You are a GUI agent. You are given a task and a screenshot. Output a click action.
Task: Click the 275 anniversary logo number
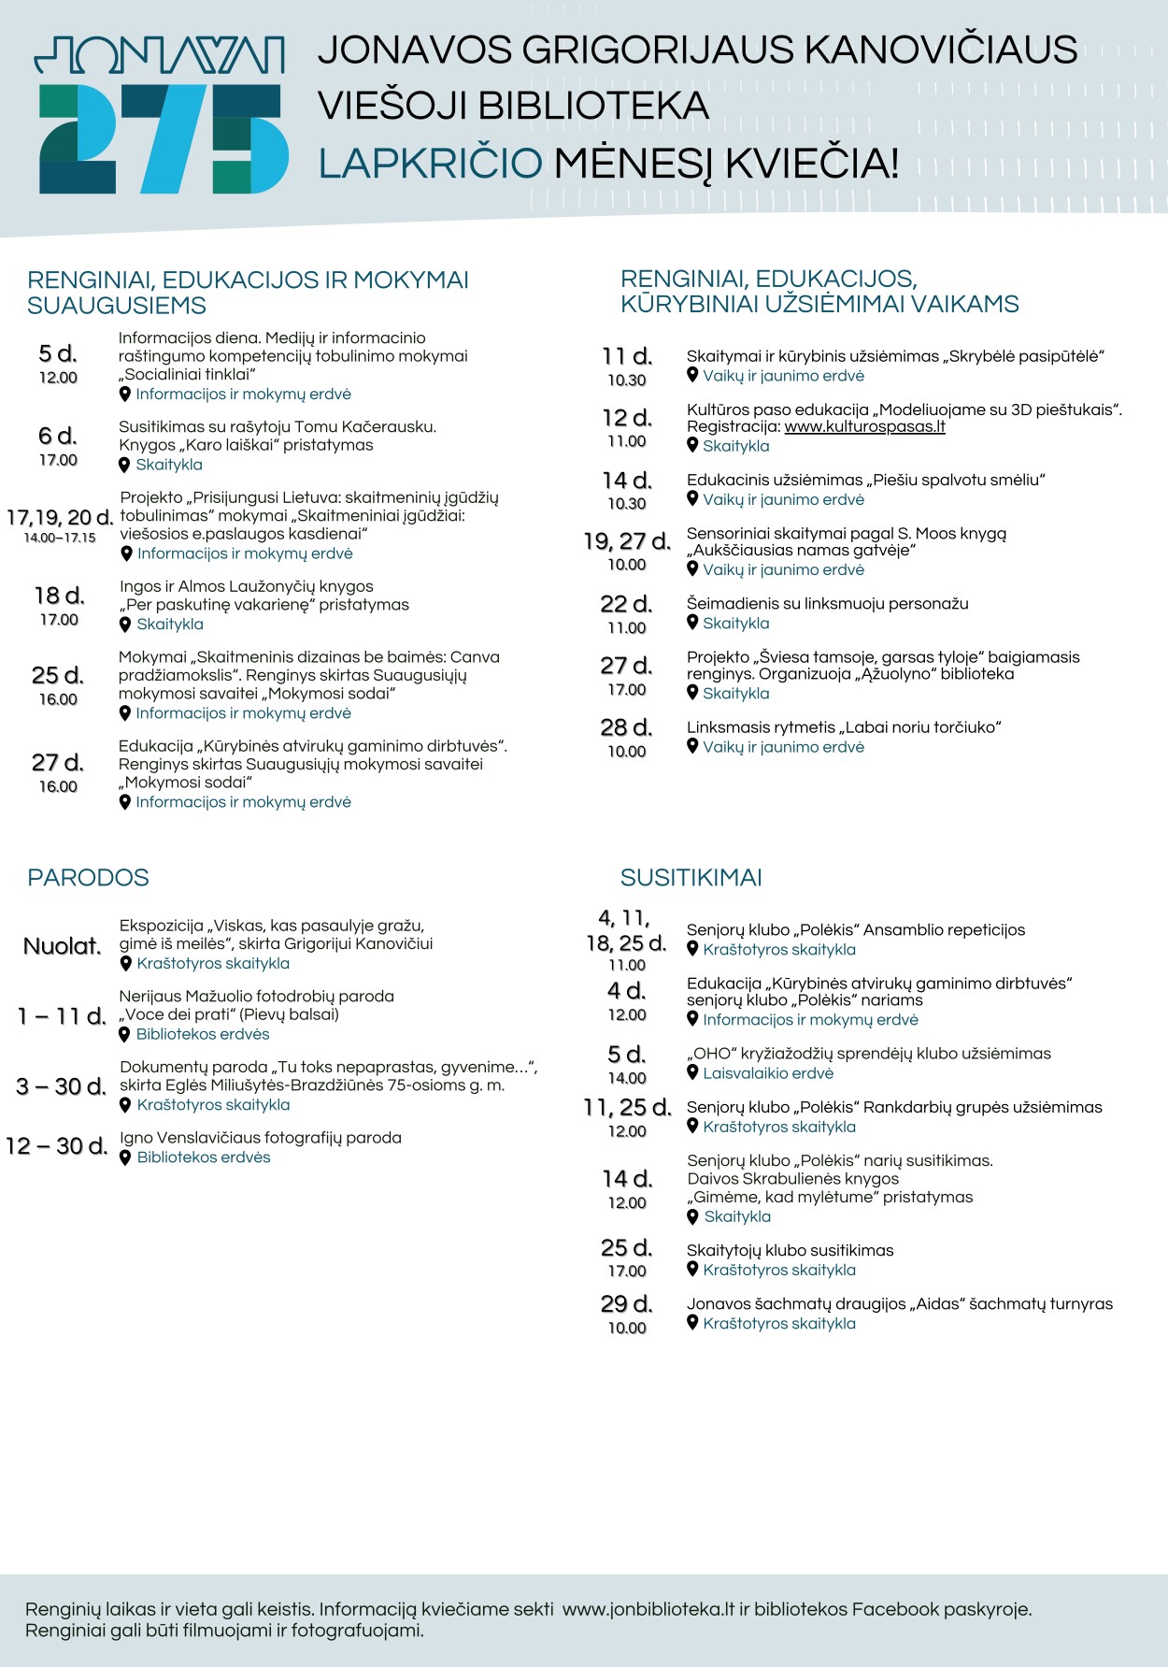tap(164, 138)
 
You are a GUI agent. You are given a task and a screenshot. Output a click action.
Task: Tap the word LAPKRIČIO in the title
tap(430, 164)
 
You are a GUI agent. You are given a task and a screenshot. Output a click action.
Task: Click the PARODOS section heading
tap(88, 878)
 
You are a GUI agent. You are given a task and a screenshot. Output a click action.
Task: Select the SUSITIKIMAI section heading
tap(691, 878)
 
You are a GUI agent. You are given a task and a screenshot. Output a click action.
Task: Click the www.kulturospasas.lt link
tap(864, 427)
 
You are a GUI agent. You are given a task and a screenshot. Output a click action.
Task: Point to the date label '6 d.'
tap(58, 436)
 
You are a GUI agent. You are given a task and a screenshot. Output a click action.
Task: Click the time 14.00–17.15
tap(60, 538)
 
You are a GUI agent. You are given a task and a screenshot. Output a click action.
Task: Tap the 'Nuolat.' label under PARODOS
tap(62, 946)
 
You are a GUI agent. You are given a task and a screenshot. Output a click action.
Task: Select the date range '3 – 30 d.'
tap(61, 1086)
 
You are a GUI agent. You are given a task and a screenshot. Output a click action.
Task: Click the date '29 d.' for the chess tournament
tap(627, 1303)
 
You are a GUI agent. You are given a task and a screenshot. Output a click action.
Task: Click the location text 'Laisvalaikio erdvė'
tap(768, 1073)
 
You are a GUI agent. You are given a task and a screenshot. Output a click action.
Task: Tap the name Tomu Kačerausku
tap(365, 427)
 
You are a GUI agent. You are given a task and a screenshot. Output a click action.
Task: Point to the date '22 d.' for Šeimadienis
tap(626, 604)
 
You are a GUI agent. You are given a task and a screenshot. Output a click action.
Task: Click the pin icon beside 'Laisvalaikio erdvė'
tap(692, 1072)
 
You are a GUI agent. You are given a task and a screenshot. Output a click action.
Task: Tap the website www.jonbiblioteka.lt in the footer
tap(648, 1609)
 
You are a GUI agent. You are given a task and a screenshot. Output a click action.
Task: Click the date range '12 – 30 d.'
tap(56, 1146)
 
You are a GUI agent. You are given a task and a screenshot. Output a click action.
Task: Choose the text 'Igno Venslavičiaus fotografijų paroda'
tap(261, 1138)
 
